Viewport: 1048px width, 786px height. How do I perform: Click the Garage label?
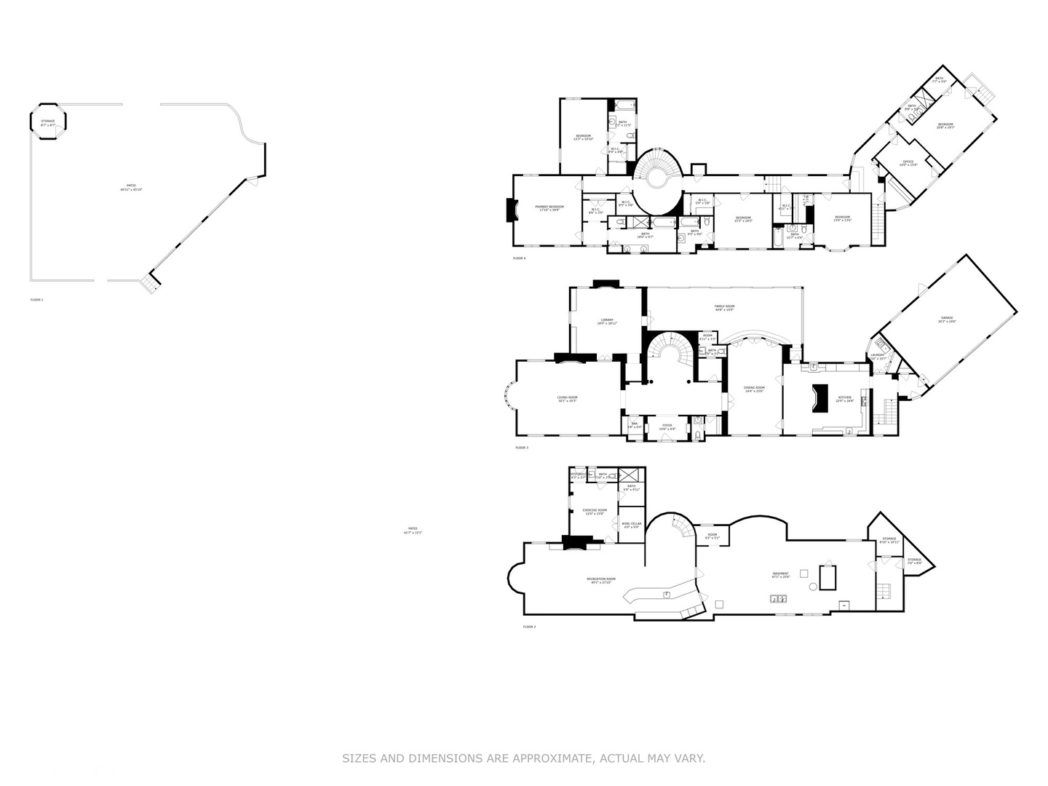coord(946,319)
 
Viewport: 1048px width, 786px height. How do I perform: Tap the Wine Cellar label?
coord(631,525)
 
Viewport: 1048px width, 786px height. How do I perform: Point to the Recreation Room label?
coord(600,580)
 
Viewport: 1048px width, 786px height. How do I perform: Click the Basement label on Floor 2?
coord(780,575)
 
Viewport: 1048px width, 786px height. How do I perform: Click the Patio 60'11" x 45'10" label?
coord(132,187)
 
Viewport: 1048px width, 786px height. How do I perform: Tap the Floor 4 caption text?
coord(519,258)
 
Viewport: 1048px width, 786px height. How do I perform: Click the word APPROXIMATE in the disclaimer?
coord(553,758)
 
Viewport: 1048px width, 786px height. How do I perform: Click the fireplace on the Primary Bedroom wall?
coord(511,210)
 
